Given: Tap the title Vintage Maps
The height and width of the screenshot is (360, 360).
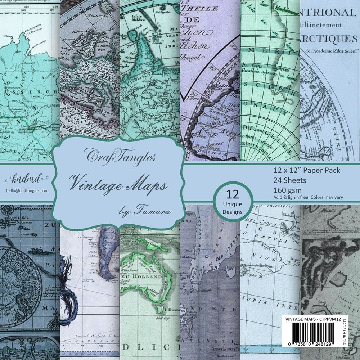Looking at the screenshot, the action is coord(118,183).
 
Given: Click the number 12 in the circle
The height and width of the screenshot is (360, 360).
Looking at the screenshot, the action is coord(232,195).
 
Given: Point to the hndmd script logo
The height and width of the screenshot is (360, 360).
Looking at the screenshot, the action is coord(22,177).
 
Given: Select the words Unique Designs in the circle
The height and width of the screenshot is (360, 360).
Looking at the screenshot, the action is coord(232,208).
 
